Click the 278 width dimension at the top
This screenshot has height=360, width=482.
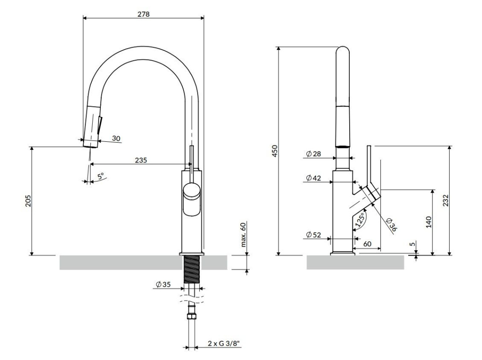143,14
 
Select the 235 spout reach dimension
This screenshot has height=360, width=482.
141,160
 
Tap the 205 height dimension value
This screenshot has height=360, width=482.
28,201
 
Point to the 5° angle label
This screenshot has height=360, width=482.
101,176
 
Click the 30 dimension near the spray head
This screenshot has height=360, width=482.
116,138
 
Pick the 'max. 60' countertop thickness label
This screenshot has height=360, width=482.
243,234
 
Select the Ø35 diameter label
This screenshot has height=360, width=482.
163,284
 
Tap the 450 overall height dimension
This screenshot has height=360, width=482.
275,151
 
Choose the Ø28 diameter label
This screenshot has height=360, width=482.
314,154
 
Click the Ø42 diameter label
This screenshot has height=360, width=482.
314,178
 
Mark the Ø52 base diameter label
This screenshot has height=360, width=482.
314,235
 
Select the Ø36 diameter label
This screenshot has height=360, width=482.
392,224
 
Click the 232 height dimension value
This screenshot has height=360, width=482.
446,200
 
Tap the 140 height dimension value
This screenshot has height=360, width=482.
429,222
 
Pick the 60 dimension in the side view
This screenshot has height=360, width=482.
367,244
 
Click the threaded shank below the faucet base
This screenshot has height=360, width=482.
192,269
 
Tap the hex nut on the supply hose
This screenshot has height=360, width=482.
191,316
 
